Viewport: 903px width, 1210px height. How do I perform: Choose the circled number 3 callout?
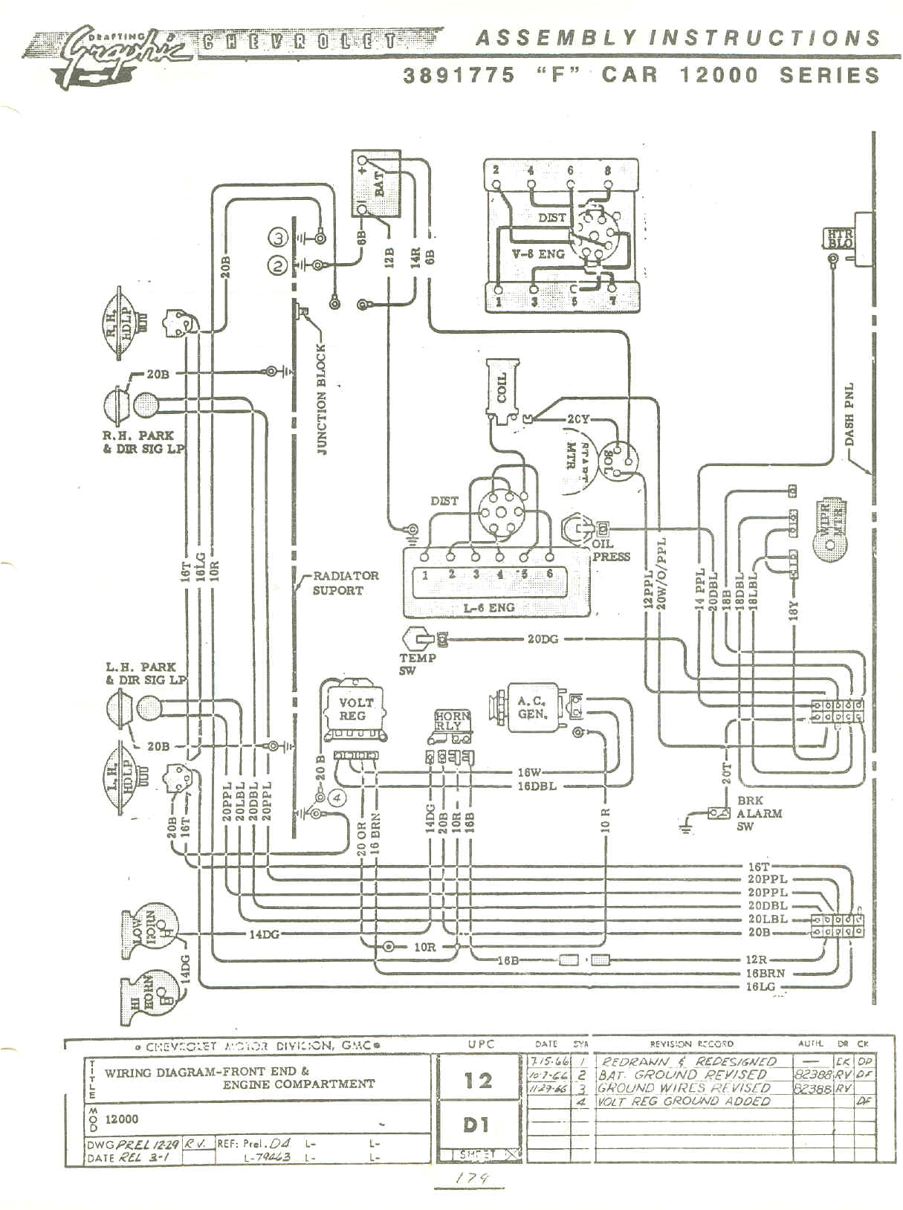click(x=278, y=238)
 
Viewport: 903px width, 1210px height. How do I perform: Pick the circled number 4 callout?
click(x=337, y=797)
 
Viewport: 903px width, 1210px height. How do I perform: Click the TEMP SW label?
click(x=418, y=664)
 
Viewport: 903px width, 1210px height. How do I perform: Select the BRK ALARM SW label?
click(x=758, y=813)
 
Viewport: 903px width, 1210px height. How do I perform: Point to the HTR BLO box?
click(x=840, y=239)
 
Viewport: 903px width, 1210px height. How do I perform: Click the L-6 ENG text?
click(x=488, y=607)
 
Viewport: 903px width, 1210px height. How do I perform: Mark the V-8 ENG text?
click(x=540, y=253)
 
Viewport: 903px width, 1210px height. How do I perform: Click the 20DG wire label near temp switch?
click(x=543, y=638)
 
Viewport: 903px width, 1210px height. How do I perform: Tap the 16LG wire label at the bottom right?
click(x=763, y=986)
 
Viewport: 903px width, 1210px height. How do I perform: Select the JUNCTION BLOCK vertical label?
click(x=321, y=398)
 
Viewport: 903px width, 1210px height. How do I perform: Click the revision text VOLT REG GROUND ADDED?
click(x=684, y=1101)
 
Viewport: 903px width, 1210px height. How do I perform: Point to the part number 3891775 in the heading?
click(x=459, y=75)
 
